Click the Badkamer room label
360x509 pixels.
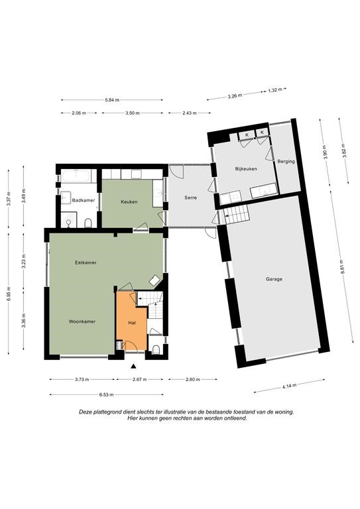(84, 200)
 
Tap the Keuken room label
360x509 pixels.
(129, 201)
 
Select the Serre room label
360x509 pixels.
(190, 198)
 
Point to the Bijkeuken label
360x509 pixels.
(246, 169)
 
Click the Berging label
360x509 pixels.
(286, 161)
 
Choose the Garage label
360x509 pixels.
(274, 279)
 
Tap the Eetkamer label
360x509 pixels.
(86, 262)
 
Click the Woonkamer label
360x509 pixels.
(82, 321)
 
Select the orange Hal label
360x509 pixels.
(132, 323)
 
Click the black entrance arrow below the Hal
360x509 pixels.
(133, 367)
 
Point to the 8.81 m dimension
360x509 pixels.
(341, 267)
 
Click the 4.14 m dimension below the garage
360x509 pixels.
(289, 386)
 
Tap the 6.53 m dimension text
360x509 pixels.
(106, 395)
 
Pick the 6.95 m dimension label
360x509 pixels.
(8, 294)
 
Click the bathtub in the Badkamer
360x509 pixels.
(76, 176)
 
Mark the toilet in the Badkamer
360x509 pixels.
(88, 223)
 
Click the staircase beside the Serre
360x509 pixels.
(237, 214)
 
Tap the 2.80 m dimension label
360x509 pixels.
(192, 379)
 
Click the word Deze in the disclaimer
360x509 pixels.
(85, 412)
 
